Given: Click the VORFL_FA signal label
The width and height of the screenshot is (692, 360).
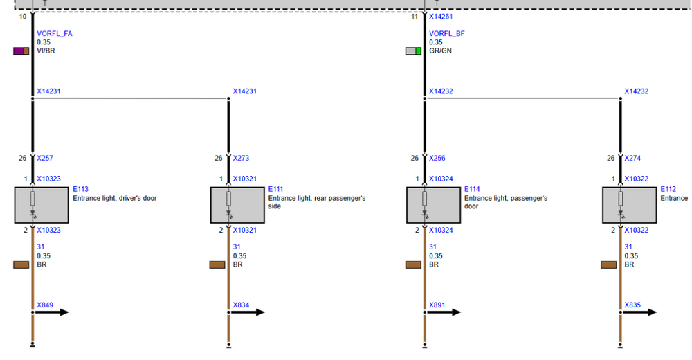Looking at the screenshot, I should click(53, 33).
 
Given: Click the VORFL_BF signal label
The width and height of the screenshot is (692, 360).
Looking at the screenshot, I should click(446, 33).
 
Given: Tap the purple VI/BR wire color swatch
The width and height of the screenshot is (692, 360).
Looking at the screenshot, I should click(21, 51).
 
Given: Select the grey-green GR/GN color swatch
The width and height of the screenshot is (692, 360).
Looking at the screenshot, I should click(413, 51).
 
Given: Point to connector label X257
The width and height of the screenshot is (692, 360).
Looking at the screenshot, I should click(45, 158).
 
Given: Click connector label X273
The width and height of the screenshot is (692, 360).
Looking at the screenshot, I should click(242, 158).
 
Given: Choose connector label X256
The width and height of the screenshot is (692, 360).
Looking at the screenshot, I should click(437, 158).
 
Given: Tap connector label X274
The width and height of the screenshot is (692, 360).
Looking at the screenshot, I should click(632, 158).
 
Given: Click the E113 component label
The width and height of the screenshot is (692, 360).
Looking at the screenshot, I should click(80, 189).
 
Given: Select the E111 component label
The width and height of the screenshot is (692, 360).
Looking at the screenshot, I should click(276, 189).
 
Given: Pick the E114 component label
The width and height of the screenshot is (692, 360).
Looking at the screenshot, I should click(472, 189).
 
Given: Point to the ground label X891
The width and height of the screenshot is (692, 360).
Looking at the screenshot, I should click(437, 305).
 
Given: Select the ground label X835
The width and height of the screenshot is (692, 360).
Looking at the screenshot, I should click(632, 305).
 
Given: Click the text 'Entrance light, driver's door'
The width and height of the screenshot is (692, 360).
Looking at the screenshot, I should click(115, 198).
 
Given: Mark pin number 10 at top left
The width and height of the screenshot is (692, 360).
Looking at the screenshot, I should click(23, 15).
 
